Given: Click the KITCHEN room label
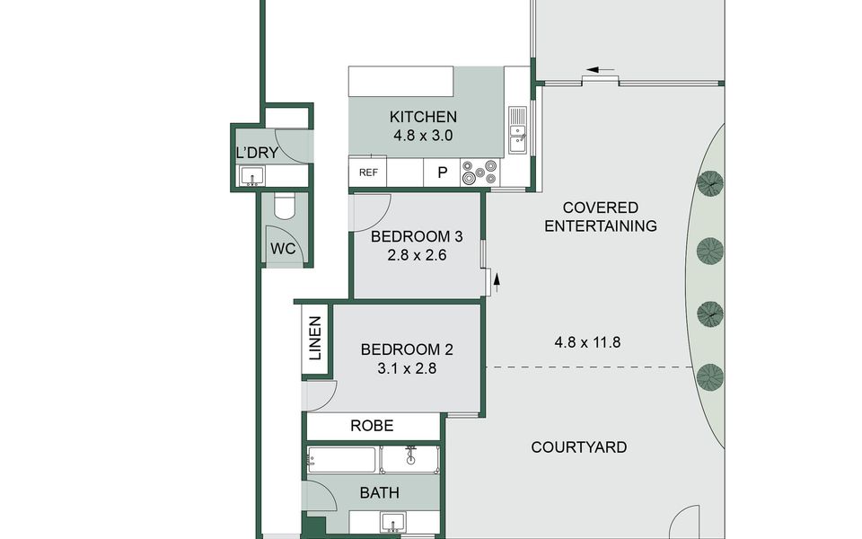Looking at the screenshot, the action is (423, 117).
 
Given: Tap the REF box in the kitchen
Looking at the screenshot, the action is (368, 172).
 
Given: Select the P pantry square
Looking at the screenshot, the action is (442, 172).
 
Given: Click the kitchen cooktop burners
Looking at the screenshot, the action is (479, 172).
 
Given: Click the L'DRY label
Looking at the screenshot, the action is (257, 153).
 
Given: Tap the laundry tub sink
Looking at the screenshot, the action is (252, 177).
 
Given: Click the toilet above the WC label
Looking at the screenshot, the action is (285, 207).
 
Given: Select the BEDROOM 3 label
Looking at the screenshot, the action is (417, 236).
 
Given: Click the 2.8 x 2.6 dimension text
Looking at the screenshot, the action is (417, 255).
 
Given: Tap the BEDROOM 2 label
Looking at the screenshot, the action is (407, 349).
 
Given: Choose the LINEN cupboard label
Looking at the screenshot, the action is (315, 339).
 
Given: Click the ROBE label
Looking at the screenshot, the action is (372, 426).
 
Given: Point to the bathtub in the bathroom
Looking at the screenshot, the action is (342, 460).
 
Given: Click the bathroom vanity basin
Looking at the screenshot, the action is (393, 521).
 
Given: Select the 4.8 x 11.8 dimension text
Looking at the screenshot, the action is (587, 342).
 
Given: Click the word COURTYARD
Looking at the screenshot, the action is (579, 447).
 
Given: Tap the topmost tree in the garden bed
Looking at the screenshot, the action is (710, 183).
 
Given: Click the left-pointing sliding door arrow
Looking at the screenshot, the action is (601, 70).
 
